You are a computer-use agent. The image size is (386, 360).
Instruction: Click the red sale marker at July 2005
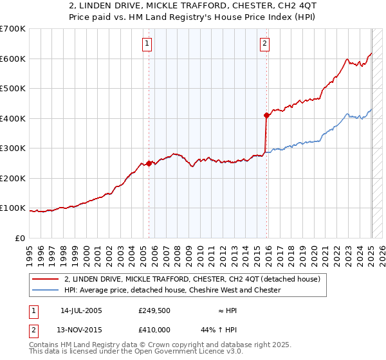click(x=149, y=163)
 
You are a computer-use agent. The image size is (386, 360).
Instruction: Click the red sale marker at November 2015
click(x=266, y=116)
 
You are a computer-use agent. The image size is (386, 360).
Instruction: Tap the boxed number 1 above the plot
click(x=147, y=44)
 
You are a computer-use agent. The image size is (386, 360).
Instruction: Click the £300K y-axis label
click(x=12, y=148)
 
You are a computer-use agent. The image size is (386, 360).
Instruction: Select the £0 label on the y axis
click(x=20, y=238)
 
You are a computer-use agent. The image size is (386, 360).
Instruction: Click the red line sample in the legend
click(x=46, y=278)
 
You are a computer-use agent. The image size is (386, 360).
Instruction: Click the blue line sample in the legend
click(x=46, y=290)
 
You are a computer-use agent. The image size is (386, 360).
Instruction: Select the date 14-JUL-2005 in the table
click(x=81, y=310)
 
